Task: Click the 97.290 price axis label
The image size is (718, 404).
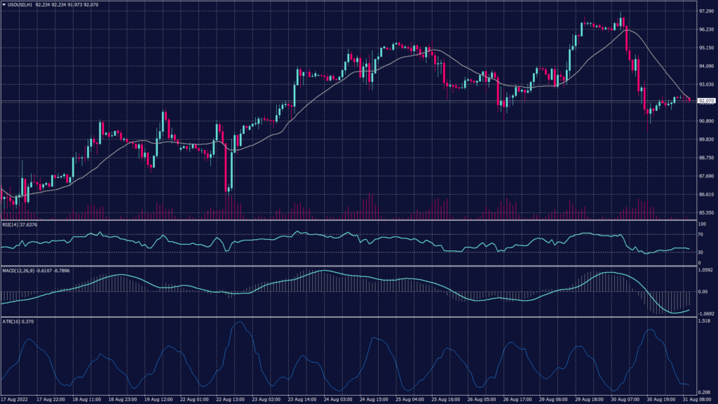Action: coord(706,12)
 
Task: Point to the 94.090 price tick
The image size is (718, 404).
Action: coord(706,67)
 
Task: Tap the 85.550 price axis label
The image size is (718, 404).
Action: coord(706,213)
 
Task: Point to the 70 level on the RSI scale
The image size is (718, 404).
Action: coord(701,236)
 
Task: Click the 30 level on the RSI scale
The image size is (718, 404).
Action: coord(701,252)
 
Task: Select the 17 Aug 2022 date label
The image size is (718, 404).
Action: coord(15,398)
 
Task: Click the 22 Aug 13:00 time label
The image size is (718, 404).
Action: coord(230,398)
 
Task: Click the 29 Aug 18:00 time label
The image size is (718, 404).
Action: coord(590,398)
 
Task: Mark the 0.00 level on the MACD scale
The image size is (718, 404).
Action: coord(703,291)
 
